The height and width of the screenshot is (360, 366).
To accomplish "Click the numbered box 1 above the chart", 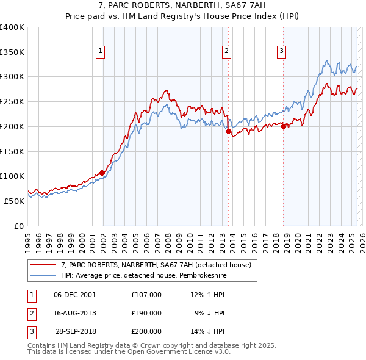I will coord(99,52).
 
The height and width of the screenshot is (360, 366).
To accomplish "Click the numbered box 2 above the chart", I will coord(226,52).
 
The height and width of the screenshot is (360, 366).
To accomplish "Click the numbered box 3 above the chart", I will coord(282,52).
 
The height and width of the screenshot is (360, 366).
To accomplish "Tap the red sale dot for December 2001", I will coord(102,173).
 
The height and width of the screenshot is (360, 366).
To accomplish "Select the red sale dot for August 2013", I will coord(228,131).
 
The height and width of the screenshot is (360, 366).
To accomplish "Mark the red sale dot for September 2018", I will coord(284,126).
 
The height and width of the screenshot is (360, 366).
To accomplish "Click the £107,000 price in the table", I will coord(146,295).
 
